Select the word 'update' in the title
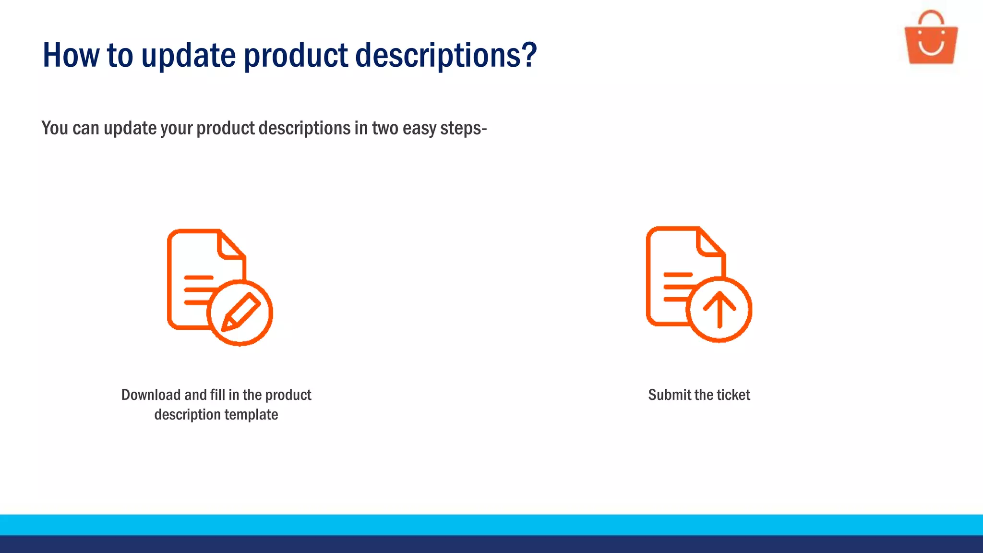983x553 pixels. [x=188, y=56]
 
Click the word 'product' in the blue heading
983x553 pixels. [x=296, y=56]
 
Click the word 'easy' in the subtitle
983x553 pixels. [x=419, y=128]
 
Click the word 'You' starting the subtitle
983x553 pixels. [x=55, y=128]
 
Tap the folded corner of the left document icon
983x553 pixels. [x=230, y=246]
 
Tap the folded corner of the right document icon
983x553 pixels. [x=709, y=243]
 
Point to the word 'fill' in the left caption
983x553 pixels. [x=217, y=395]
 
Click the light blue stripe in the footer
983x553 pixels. [x=491, y=525]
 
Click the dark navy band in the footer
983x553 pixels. [x=491, y=544]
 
